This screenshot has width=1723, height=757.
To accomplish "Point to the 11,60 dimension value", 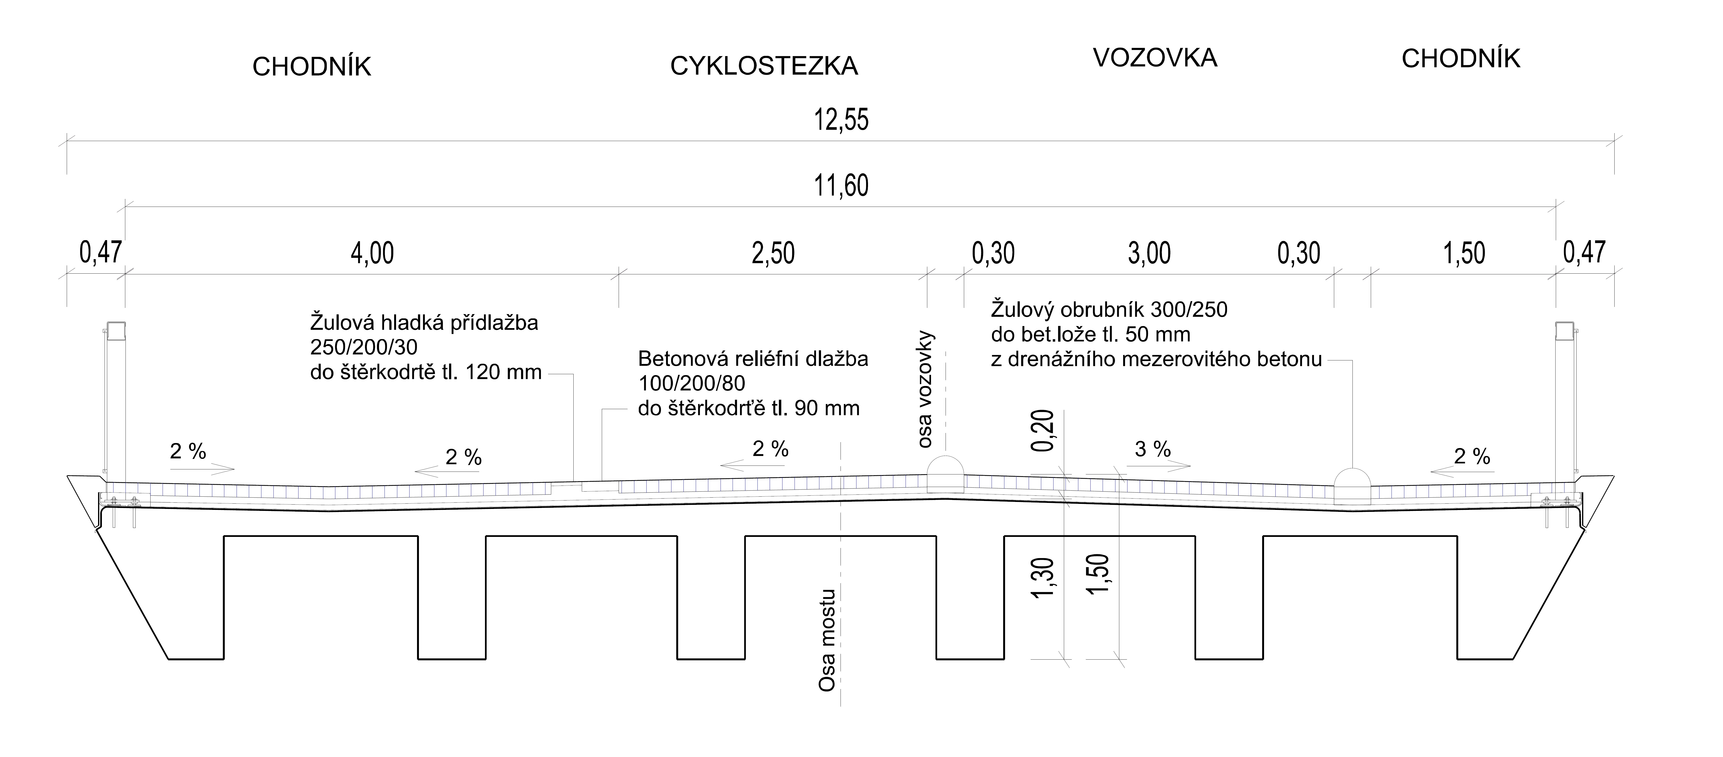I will (841, 185).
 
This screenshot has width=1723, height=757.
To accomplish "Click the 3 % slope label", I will (1153, 449).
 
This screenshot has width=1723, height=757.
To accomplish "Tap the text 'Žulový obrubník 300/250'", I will (1109, 310).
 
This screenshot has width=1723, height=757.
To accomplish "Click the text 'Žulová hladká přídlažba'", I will (424, 323).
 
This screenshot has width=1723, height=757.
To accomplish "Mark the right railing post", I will (1564, 402).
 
